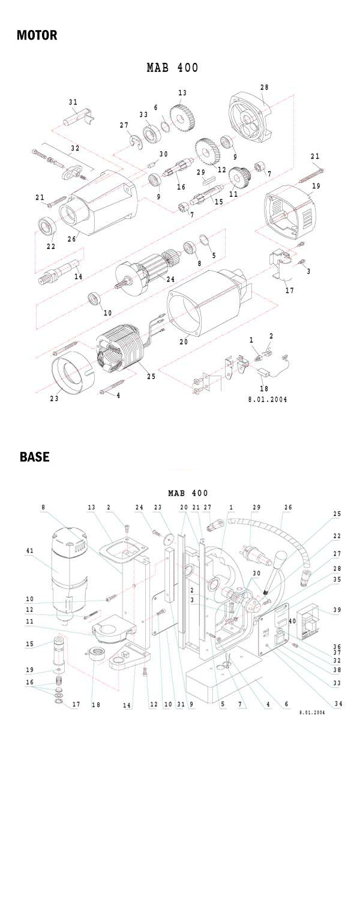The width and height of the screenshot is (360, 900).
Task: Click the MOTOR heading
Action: click(x=37, y=35)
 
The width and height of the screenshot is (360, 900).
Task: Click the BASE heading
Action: click(x=35, y=457)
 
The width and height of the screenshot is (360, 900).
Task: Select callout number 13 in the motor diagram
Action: click(x=182, y=93)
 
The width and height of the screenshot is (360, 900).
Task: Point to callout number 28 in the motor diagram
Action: click(x=264, y=88)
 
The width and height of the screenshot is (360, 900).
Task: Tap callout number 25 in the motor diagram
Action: click(x=151, y=376)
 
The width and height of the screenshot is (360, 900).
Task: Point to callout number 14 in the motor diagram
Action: click(x=78, y=277)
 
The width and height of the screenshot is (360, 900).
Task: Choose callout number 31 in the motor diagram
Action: click(x=73, y=103)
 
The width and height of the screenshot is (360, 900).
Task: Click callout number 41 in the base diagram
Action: click(x=29, y=551)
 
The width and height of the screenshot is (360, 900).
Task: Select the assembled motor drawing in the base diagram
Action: click(x=68, y=576)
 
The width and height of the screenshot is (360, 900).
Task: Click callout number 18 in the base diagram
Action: click(x=95, y=705)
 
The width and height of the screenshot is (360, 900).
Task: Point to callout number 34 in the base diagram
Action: click(x=338, y=704)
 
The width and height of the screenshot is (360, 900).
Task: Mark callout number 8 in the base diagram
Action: click(x=43, y=507)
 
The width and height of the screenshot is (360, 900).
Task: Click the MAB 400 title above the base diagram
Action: click(x=188, y=493)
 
